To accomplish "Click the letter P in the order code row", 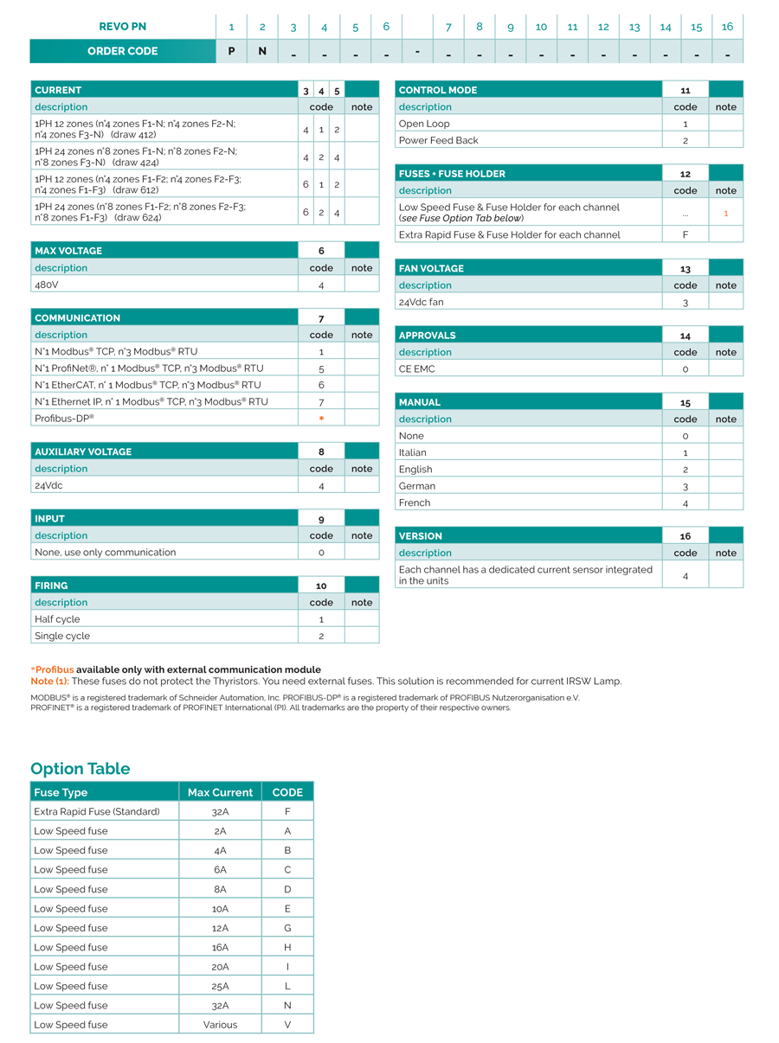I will point(231,51).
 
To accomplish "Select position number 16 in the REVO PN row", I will point(727,27).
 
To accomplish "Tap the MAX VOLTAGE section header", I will point(68,251).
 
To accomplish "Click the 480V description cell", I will point(47,285).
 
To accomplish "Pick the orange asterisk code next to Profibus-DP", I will point(321,419).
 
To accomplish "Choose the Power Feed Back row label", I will point(438,140).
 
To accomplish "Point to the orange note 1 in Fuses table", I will point(725,213).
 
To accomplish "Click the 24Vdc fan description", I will point(421,302).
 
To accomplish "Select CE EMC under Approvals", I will point(417,368).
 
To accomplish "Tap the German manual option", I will point(416,486).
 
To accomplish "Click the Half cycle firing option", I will point(57,619).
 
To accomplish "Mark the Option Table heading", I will point(80,769).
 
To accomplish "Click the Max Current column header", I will point(220,792).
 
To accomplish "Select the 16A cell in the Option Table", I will point(220,947).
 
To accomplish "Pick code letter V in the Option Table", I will point(287,1025).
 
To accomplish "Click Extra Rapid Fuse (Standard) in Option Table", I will point(97,811).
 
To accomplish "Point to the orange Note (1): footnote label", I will point(49,681).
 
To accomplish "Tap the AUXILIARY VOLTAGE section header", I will point(83,451).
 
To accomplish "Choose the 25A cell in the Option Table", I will point(220,986).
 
